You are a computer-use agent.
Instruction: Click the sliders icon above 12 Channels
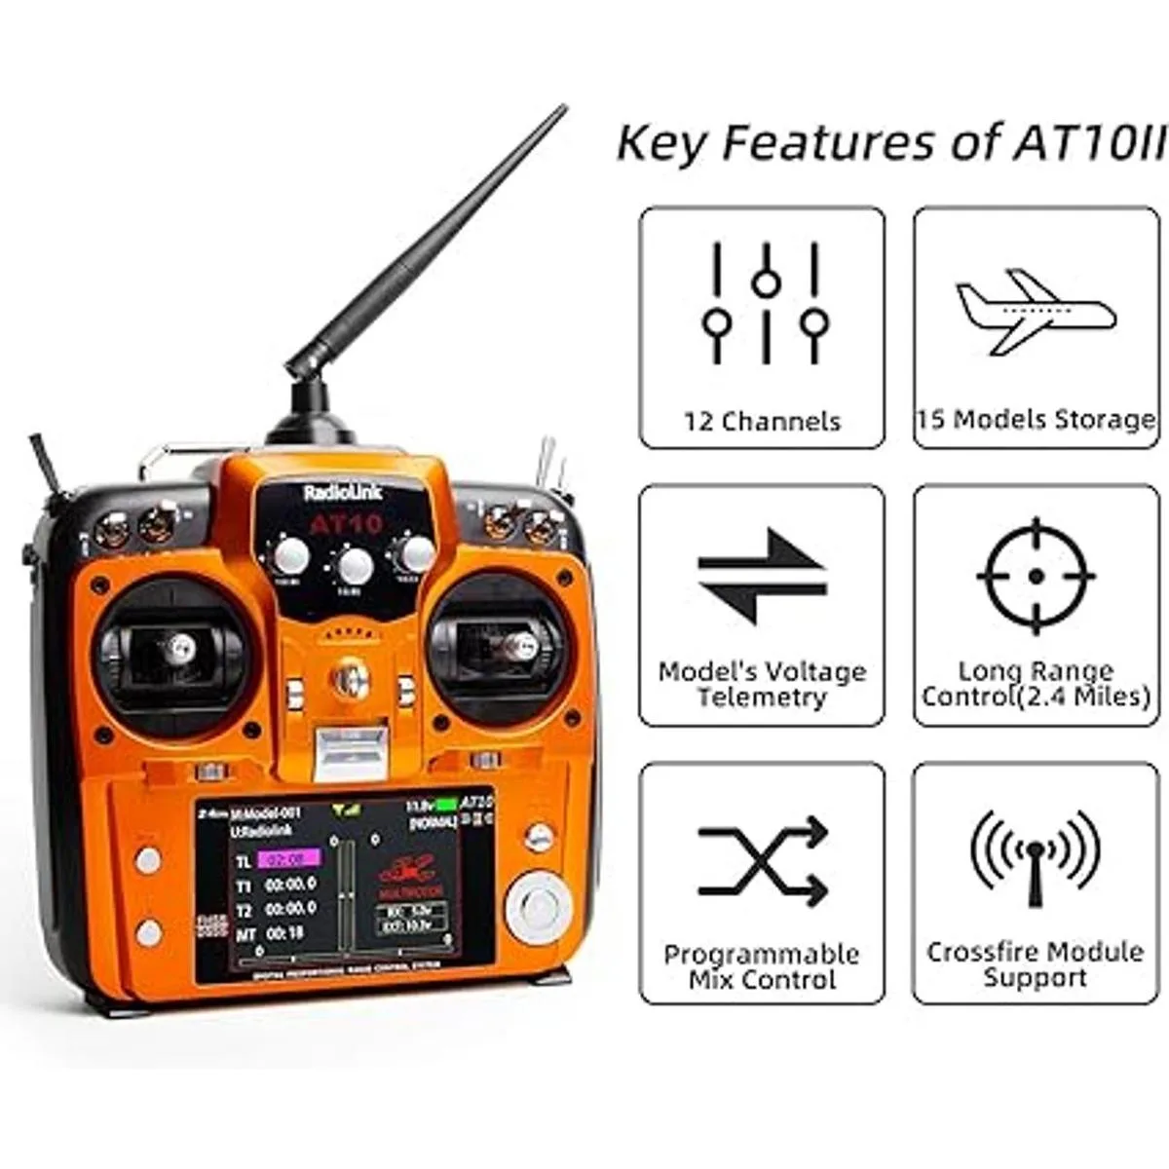click(x=765, y=303)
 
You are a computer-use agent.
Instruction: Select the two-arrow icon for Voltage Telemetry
click(x=762, y=576)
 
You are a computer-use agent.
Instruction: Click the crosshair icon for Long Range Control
click(x=1036, y=576)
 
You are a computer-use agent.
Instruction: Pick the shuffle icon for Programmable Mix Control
click(x=762, y=861)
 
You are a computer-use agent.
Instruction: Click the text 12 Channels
click(x=762, y=422)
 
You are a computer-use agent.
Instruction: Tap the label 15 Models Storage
click(x=1036, y=420)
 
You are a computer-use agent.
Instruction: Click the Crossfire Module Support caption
click(x=1036, y=964)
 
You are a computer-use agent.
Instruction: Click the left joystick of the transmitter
click(x=178, y=646)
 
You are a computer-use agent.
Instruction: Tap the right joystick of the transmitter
click(x=517, y=644)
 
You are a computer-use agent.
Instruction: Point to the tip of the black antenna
click(x=562, y=109)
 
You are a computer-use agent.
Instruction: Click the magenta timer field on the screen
click(x=289, y=859)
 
